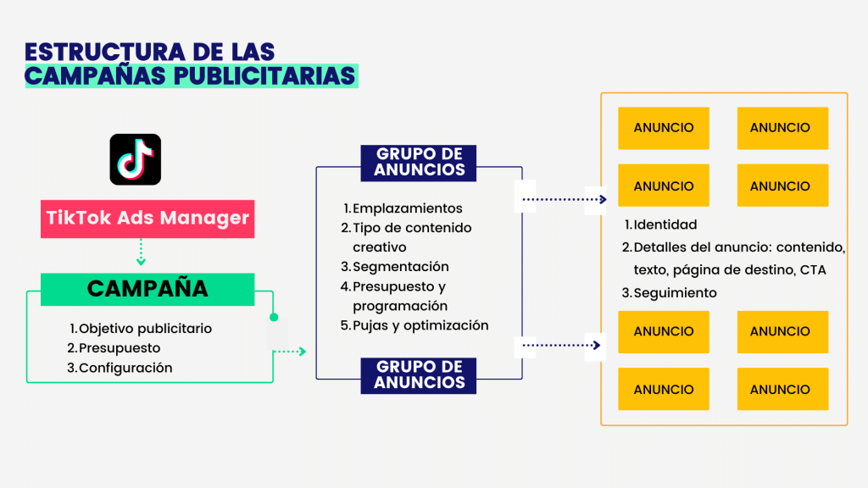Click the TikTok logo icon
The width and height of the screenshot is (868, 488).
pos(135,159)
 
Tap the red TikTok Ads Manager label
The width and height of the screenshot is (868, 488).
pos(147,219)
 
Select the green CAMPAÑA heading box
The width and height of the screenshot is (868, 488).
pos(147,289)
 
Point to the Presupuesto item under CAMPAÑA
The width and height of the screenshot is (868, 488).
pos(119,348)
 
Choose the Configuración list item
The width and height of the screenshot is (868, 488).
pos(125,368)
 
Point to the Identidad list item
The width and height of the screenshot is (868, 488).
pos(665,225)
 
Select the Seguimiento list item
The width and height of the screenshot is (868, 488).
pos(675,293)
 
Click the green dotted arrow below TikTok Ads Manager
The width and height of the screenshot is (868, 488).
pos(142,252)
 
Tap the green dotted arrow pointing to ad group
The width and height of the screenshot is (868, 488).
pos(290,351)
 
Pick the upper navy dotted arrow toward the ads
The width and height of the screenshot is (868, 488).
pos(565,200)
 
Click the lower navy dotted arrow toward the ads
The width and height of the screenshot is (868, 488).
pos(562,346)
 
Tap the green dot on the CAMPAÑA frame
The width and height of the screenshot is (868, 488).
pos(273,318)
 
